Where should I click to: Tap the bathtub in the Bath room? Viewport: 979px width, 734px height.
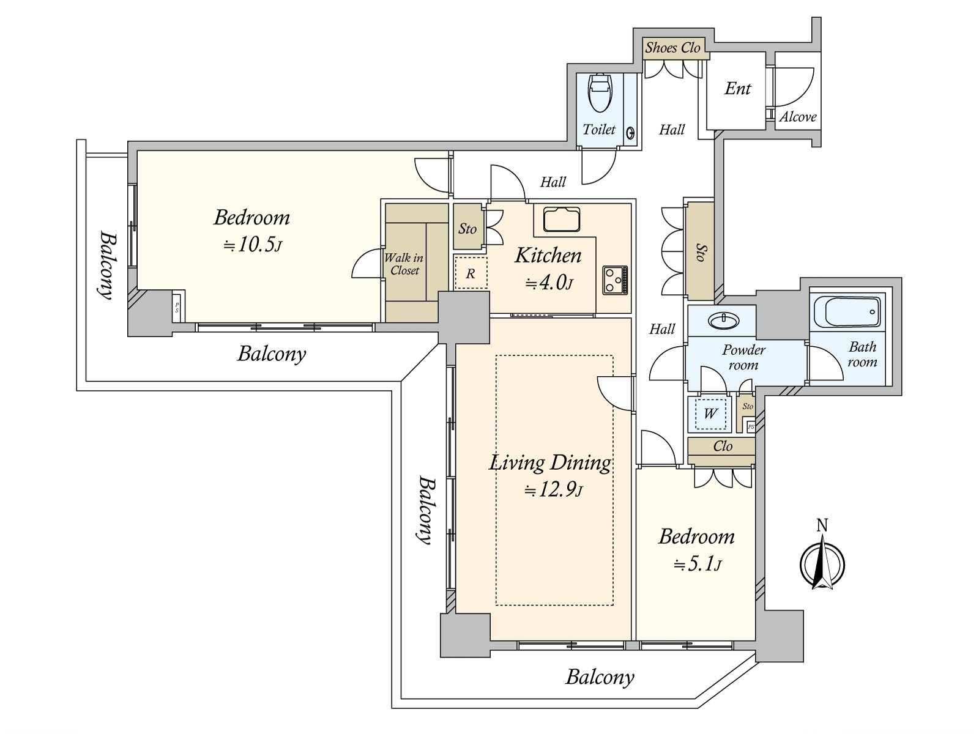847,312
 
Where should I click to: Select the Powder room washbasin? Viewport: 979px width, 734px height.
723,321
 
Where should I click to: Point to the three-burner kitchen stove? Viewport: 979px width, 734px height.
616,280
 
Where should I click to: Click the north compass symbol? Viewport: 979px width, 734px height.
822,557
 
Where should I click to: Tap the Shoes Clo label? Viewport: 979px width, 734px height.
673,48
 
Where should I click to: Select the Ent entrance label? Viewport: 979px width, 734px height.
738,89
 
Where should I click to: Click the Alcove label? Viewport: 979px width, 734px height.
798,117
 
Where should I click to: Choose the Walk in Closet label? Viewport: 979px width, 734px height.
404,264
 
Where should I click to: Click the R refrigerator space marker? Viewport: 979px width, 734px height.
471,273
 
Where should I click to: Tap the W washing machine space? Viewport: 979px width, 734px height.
710,413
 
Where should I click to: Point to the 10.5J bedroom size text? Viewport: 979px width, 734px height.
253,245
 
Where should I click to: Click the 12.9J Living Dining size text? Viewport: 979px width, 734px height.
554,491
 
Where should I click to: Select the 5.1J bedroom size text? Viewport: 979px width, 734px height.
697,565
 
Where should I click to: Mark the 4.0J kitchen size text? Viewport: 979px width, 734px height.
549,283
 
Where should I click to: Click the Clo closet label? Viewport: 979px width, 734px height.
723,446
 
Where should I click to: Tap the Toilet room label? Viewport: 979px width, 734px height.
599,129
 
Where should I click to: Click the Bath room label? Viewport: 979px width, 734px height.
862,354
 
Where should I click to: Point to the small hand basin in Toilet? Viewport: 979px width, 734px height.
631,133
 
